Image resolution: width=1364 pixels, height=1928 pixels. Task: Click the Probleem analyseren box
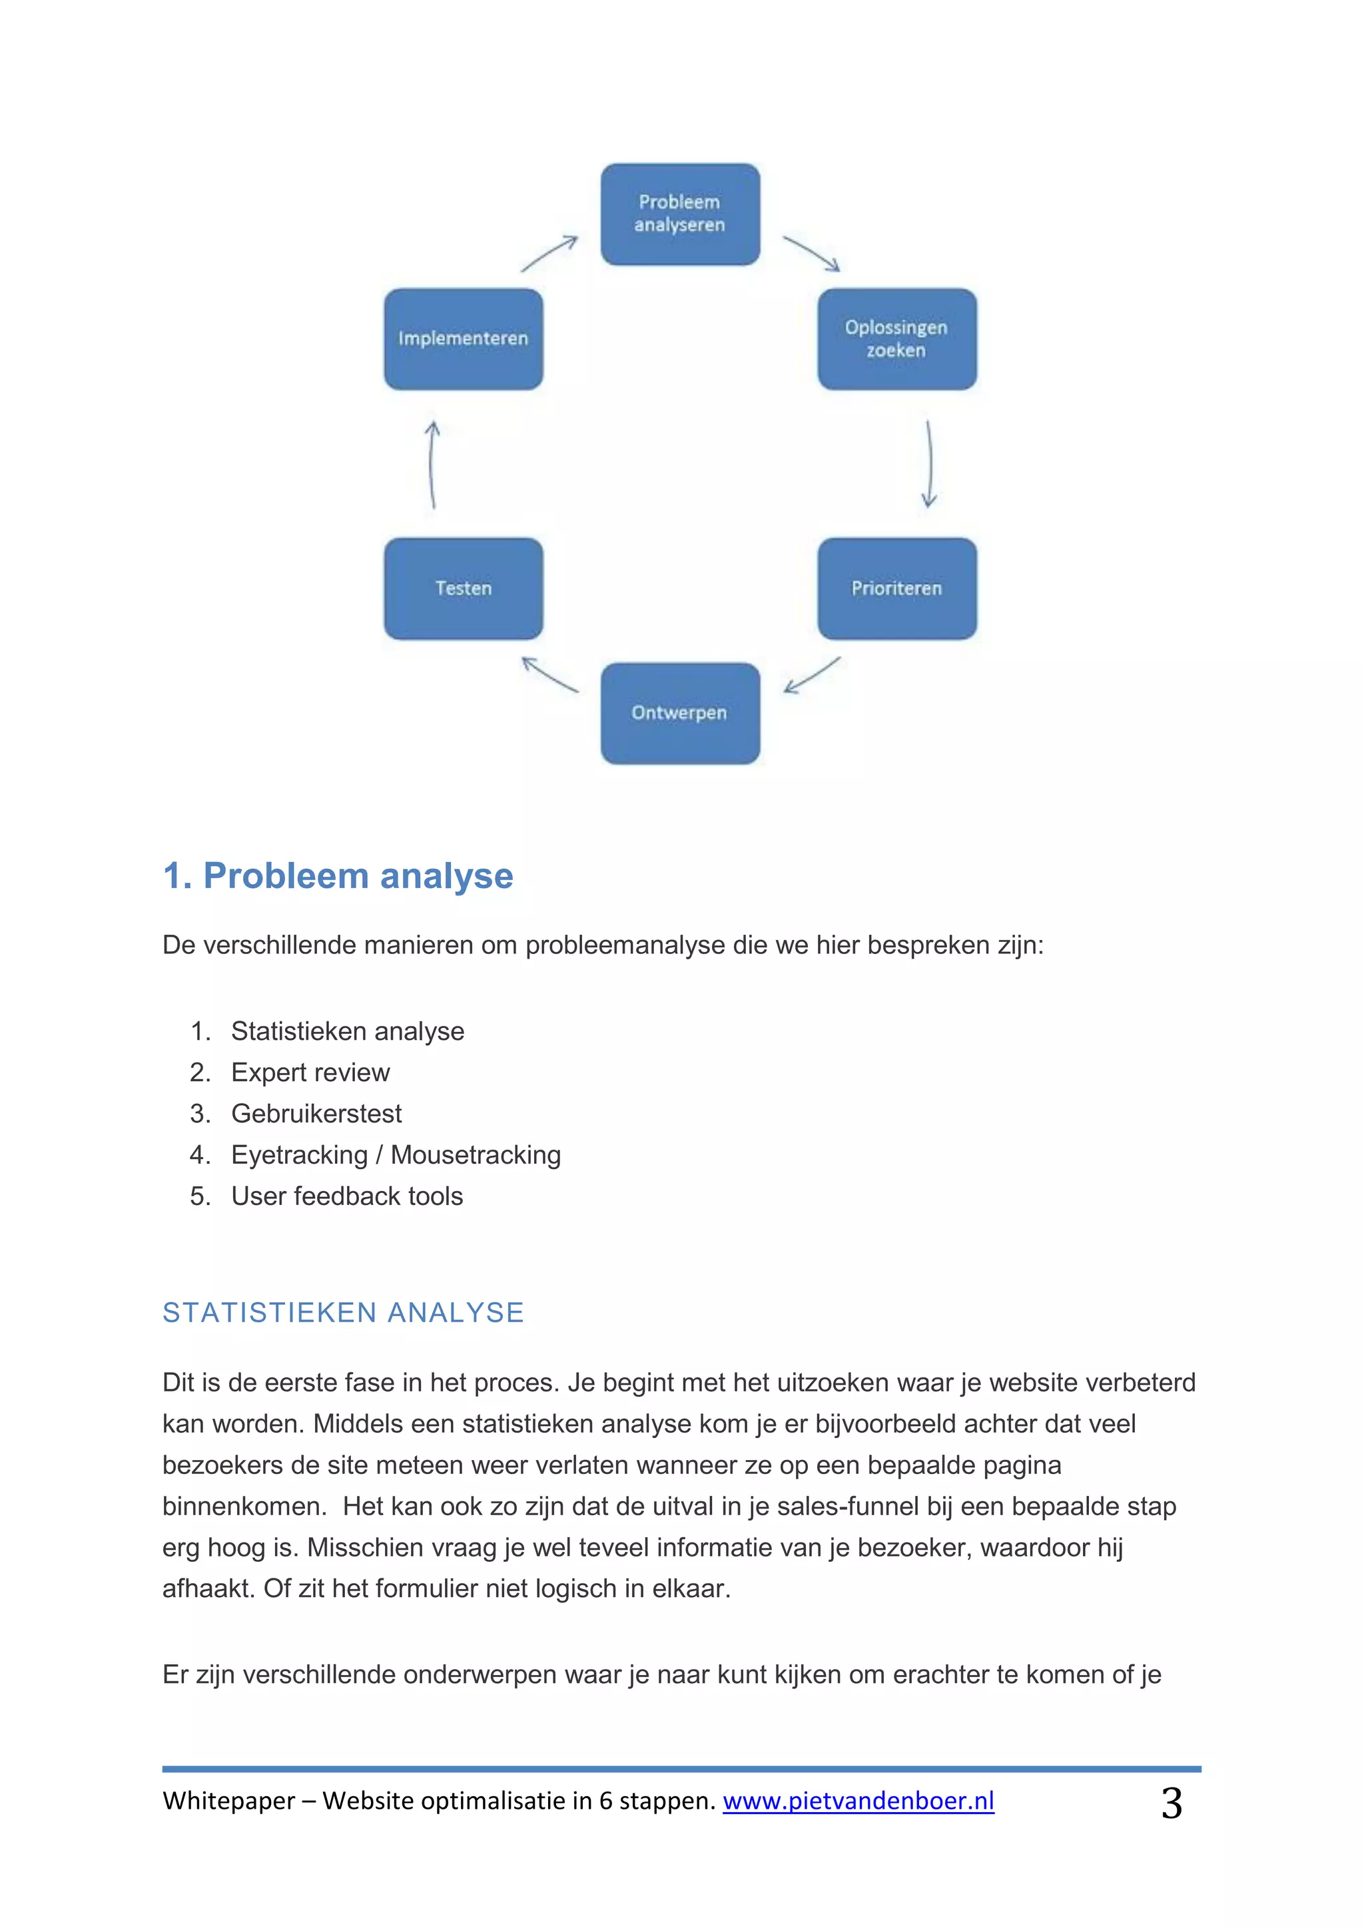click(x=680, y=214)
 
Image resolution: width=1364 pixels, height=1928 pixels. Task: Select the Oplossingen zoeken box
click(x=897, y=340)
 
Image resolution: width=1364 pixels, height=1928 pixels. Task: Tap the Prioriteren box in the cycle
click(x=897, y=589)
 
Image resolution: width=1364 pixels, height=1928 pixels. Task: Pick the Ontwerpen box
click(x=680, y=713)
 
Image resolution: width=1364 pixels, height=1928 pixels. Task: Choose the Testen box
click(x=464, y=589)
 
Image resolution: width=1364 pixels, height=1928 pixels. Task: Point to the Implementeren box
click(x=464, y=340)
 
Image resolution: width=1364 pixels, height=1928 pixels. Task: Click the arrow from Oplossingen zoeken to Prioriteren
click(x=930, y=465)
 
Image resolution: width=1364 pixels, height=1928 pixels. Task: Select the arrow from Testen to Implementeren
click(x=432, y=465)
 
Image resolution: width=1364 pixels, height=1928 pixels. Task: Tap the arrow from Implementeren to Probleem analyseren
click(x=549, y=253)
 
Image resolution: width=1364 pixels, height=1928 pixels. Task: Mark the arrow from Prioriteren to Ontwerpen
click(x=811, y=675)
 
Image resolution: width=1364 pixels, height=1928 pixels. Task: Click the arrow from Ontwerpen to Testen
click(x=550, y=675)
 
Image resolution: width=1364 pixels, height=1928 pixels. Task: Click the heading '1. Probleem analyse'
click(x=338, y=876)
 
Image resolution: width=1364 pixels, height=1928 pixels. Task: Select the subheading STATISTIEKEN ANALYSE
click(x=344, y=1312)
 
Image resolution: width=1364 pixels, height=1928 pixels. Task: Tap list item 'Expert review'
click(x=310, y=1073)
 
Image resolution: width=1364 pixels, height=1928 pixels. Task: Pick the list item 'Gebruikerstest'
click(x=316, y=1114)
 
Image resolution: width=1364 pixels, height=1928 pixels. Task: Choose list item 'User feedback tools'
click(x=347, y=1196)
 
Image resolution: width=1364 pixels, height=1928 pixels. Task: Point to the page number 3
click(x=1172, y=1803)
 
